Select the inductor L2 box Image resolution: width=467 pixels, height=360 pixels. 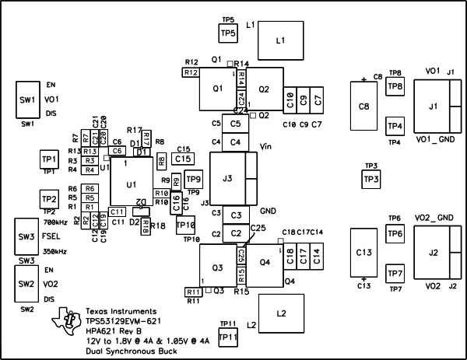click(281, 313)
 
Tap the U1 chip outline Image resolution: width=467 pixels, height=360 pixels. click(131, 183)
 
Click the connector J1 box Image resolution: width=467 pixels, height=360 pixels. click(434, 106)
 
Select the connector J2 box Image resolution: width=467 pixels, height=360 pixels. click(434, 253)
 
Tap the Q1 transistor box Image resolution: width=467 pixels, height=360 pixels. click(217, 89)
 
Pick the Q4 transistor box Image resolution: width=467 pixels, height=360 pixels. click(264, 262)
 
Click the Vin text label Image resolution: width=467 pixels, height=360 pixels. click(265, 146)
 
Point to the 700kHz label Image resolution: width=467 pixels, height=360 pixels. click(55, 222)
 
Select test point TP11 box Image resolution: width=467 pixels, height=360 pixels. click(228, 336)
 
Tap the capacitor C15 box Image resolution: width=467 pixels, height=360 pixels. click(183, 158)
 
